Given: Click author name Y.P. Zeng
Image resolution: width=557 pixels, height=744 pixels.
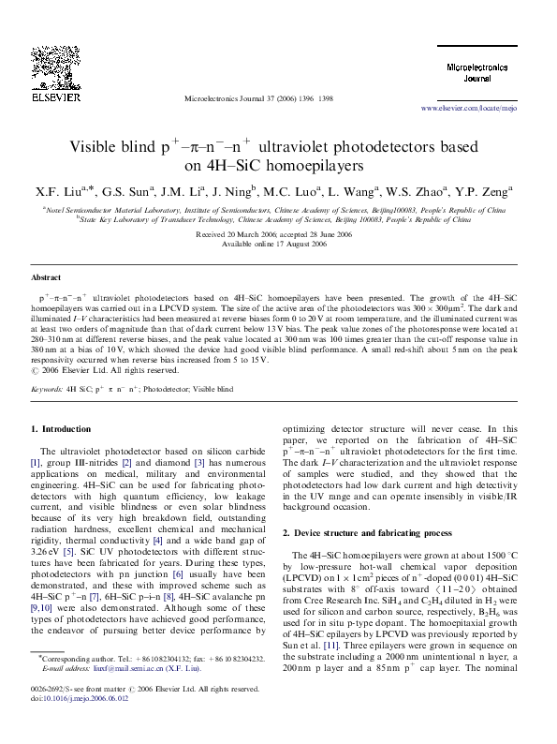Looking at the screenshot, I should tap(484, 193).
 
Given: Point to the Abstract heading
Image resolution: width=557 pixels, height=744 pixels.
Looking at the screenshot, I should tap(46, 278).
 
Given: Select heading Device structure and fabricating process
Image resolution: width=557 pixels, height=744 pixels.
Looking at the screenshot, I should tap(364, 532).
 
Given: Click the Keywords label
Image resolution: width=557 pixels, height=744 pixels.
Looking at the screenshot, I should tap(48, 386).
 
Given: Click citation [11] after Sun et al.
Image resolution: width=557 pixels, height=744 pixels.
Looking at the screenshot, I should tap(330, 647).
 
